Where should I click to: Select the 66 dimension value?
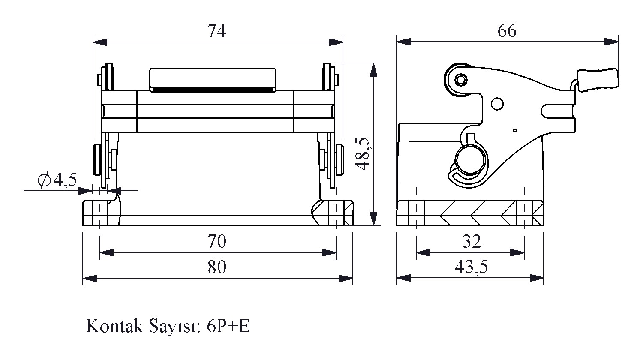pyautogui.click(x=507, y=31)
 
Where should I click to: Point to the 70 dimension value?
pyautogui.click(x=217, y=242)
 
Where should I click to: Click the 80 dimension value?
pyautogui.click(x=217, y=267)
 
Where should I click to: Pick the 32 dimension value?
pyautogui.click(x=472, y=242)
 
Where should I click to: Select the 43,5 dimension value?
pyautogui.click(x=472, y=267)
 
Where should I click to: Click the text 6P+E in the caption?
pyautogui.click(x=228, y=327)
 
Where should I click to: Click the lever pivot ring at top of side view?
pyautogui.click(x=461, y=80)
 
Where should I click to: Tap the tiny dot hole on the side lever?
pyautogui.click(x=515, y=130)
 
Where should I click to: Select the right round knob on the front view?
pyautogui.click(x=340, y=159)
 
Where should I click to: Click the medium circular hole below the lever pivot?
pyautogui.click(x=497, y=104)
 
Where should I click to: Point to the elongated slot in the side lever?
pyautogui.click(x=557, y=111)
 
